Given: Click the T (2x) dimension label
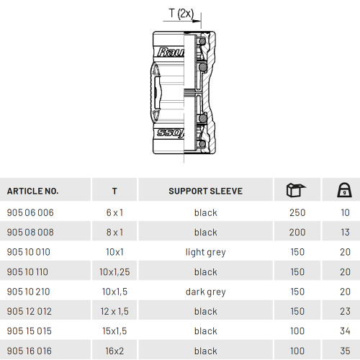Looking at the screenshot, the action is (181, 13).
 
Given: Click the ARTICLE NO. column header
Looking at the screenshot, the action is (32, 191).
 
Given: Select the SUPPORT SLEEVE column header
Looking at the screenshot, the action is (205, 191).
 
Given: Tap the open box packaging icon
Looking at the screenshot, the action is (297, 190).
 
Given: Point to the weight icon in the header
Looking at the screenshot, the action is (344, 190).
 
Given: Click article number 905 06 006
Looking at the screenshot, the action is (30, 212).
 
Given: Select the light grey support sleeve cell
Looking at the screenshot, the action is (206, 252).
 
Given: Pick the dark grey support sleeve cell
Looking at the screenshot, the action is (206, 292).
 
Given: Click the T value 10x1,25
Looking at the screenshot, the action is (114, 272).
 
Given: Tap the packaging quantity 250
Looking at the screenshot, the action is (297, 212).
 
